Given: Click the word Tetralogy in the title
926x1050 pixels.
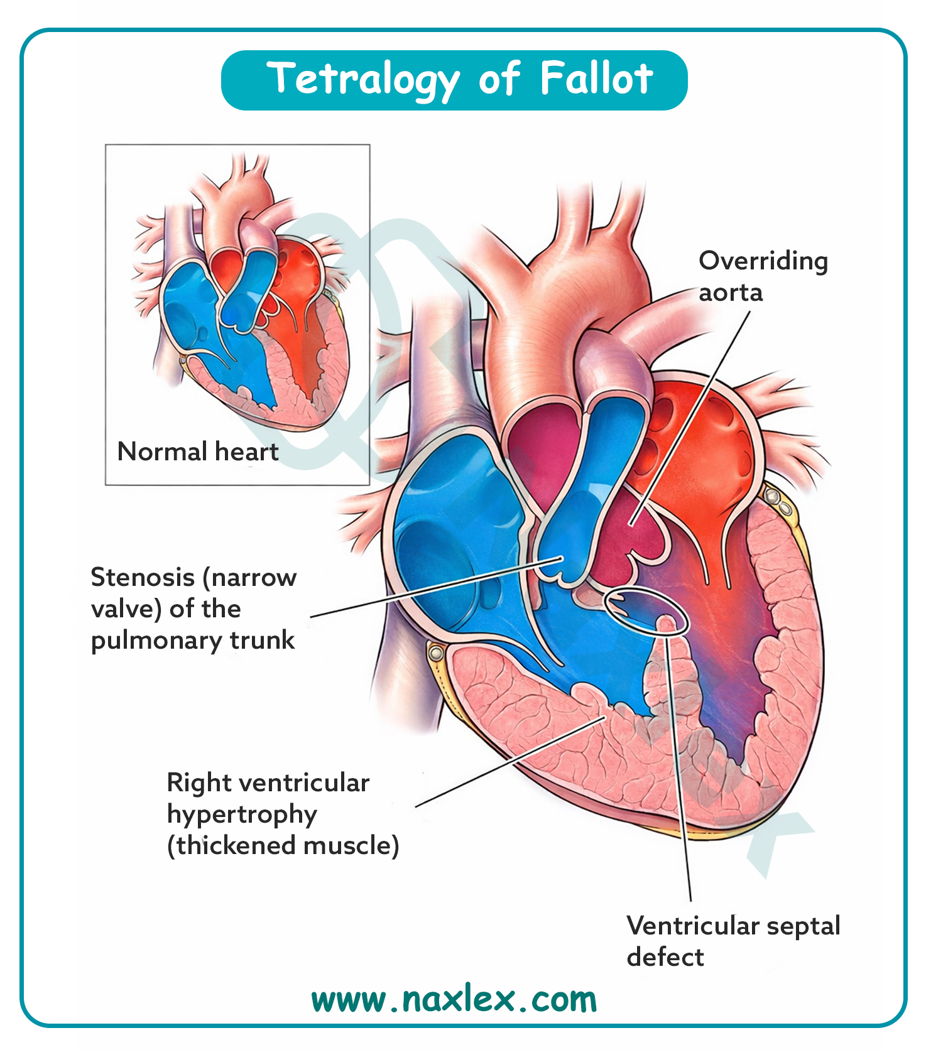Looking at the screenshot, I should [363, 80].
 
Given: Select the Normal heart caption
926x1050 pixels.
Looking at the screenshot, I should [197, 452].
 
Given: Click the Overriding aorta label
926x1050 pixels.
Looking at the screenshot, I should [763, 276].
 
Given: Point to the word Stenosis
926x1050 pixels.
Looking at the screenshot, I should [142, 577].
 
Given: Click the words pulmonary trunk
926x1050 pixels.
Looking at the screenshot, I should [192, 640].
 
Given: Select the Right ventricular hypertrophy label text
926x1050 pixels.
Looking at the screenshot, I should [268, 798].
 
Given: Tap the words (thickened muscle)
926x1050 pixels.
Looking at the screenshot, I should [283, 845].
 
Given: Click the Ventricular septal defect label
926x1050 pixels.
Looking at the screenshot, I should [733, 941].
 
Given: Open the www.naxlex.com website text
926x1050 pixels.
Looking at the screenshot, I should [454, 1000].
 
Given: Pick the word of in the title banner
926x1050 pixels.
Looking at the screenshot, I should [499, 80].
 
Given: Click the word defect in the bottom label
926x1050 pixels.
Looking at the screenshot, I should [665, 957].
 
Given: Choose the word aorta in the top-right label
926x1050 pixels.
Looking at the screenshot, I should [731, 293].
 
